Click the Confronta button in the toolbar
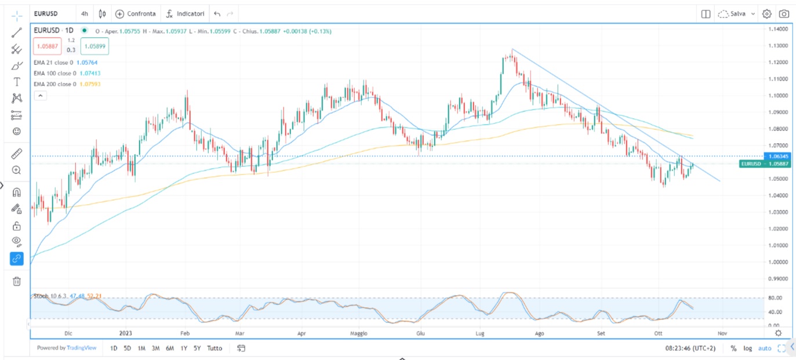(x=136, y=13)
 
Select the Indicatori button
(x=185, y=13)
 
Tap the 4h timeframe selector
(x=85, y=13)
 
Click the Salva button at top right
(x=737, y=13)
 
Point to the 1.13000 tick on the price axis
(x=776, y=45)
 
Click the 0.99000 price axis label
(x=776, y=279)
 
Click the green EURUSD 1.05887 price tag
(x=758, y=164)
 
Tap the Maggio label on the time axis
(x=359, y=333)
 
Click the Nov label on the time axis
(x=722, y=333)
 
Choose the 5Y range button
(x=198, y=348)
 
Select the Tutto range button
(x=215, y=348)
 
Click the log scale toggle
(x=748, y=348)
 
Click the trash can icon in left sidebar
(x=17, y=281)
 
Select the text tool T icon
(x=17, y=82)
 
